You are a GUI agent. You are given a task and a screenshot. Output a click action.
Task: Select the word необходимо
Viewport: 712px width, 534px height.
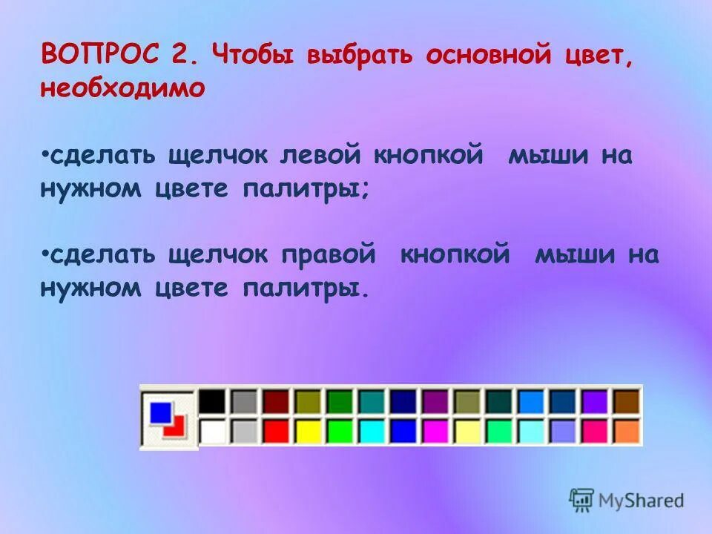[x=122, y=88]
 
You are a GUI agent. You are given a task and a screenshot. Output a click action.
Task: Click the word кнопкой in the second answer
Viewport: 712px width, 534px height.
[x=455, y=255]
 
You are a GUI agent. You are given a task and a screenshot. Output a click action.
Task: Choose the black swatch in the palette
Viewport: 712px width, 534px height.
[x=211, y=401]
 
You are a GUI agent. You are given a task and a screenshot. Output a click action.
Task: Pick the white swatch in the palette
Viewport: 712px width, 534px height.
[x=211, y=431]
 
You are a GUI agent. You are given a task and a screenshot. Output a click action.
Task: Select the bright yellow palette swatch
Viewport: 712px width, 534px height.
[x=307, y=431]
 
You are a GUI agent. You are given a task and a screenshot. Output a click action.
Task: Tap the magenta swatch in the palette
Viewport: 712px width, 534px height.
[x=435, y=431]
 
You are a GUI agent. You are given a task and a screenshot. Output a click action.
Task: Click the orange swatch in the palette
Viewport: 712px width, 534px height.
[x=627, y=431]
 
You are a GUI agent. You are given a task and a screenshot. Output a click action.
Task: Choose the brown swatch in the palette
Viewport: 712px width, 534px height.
[x=627, y=401]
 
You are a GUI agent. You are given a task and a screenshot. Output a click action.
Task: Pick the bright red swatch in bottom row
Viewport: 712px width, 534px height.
[x=275, y=431]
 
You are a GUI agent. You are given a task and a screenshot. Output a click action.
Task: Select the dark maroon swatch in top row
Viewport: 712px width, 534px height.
[x=275, y=401]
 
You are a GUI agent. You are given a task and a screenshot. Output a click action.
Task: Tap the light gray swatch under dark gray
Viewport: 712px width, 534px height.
[x=243, y=431]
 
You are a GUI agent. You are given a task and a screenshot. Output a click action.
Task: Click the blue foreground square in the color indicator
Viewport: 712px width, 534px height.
[x=160, y=412]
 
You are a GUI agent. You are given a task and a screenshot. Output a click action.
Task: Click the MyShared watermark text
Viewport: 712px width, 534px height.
[x=642, y=501]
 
